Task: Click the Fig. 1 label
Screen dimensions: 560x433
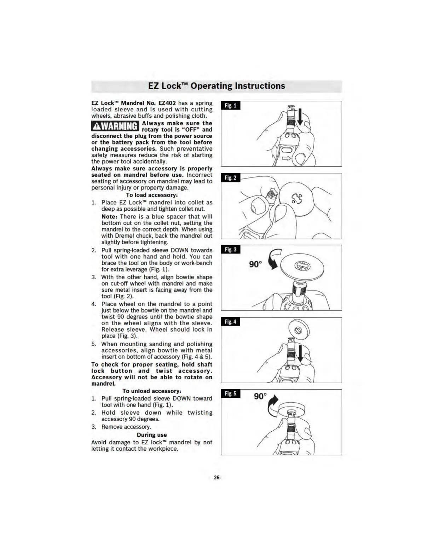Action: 231,105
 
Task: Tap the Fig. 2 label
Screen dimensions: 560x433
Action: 231,177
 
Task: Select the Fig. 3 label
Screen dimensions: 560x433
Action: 231,250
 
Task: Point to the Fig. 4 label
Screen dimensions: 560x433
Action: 231,322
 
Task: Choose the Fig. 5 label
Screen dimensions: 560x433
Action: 231,393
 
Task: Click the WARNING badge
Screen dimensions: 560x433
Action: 115,126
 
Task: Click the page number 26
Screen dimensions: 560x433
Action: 216,477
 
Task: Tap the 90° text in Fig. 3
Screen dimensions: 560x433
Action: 255,264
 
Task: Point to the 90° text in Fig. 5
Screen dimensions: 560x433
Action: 260,396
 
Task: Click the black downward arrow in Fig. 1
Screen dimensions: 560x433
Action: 300,117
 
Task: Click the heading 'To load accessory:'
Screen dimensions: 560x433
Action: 152,195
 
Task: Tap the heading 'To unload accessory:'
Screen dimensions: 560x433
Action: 152,391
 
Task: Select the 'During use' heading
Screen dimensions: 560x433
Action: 152,435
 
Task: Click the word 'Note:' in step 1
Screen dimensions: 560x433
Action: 109,216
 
